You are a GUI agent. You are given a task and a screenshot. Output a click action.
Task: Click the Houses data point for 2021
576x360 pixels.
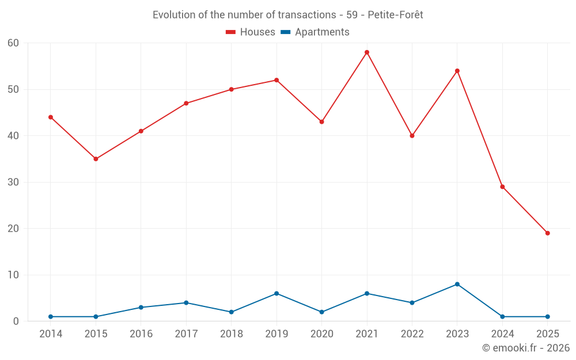(367, 52)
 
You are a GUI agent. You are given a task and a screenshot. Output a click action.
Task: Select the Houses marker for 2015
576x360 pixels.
(96, 159)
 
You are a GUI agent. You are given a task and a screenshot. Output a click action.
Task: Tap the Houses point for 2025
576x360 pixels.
(548, 233)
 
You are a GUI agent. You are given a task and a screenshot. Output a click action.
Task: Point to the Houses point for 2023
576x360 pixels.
(457, 71)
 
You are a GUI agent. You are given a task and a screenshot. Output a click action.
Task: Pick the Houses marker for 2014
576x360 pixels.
(51, 118)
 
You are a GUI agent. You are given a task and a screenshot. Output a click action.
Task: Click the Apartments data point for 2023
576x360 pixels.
(457, 284)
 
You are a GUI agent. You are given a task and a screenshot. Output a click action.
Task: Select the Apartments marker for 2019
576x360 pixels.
(276, 293)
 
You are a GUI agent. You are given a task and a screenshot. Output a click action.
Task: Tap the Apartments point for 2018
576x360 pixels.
(232, 312)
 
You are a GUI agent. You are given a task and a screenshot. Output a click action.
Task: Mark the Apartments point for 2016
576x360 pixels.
(141, 308)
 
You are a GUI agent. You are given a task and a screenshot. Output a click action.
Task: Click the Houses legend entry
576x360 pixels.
(251, 32)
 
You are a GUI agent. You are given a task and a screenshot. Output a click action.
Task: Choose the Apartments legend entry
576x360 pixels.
(315, 32)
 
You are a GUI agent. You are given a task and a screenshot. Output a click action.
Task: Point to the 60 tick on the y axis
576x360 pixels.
(13, 43)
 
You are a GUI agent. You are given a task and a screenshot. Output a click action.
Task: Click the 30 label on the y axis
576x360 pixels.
(13, 182)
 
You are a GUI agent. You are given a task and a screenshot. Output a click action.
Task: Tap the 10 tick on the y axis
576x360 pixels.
(13, 275)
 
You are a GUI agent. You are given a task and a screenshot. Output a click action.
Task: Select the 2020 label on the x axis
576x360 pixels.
(322, 334)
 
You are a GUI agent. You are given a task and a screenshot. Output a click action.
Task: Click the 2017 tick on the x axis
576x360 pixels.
(186, 334)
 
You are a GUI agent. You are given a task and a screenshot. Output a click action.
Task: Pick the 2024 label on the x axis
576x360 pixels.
(503, 334)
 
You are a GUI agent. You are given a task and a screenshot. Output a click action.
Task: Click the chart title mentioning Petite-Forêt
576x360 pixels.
(288, 15)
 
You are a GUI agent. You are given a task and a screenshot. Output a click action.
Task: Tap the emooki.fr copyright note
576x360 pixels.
(526, 348)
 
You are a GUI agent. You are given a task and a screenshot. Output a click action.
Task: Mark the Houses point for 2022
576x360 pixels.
(412, 136)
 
